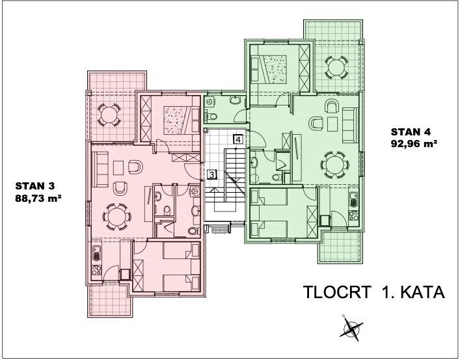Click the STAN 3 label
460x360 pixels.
(35, 186)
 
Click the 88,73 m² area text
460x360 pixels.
(38, 199)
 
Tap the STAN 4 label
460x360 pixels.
(411, 132)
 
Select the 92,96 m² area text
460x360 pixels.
(414, 144)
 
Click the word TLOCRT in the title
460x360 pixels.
(337, 292)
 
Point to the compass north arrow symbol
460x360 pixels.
(351, 328)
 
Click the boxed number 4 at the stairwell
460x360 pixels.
(238, 139)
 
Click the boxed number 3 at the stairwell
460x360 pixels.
(211, 174)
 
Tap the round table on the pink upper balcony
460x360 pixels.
(109, 115)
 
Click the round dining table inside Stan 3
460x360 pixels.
(116, 217)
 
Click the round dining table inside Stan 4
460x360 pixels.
(334, 165)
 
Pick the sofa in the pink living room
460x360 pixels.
(100, 169)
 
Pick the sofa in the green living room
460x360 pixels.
(350, 126)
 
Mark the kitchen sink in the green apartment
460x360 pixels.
(353, 199)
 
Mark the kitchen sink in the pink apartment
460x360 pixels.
(96, 253)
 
